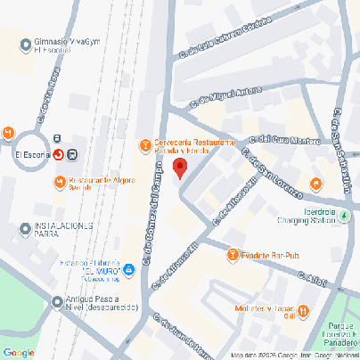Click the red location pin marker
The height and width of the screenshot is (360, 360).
[179, 168]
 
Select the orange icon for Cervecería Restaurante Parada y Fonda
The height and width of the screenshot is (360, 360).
[145, 145]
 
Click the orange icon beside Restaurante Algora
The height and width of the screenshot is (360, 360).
[59, 183]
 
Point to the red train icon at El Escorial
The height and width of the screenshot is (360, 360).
[59, 154]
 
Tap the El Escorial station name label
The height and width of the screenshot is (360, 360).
[31, 154]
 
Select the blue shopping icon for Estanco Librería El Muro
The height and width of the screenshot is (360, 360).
[129, 268]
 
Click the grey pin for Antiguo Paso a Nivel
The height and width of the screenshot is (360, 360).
[58, 301]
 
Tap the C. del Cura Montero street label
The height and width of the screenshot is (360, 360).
[286, 138]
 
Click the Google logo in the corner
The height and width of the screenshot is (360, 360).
[19, 352]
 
